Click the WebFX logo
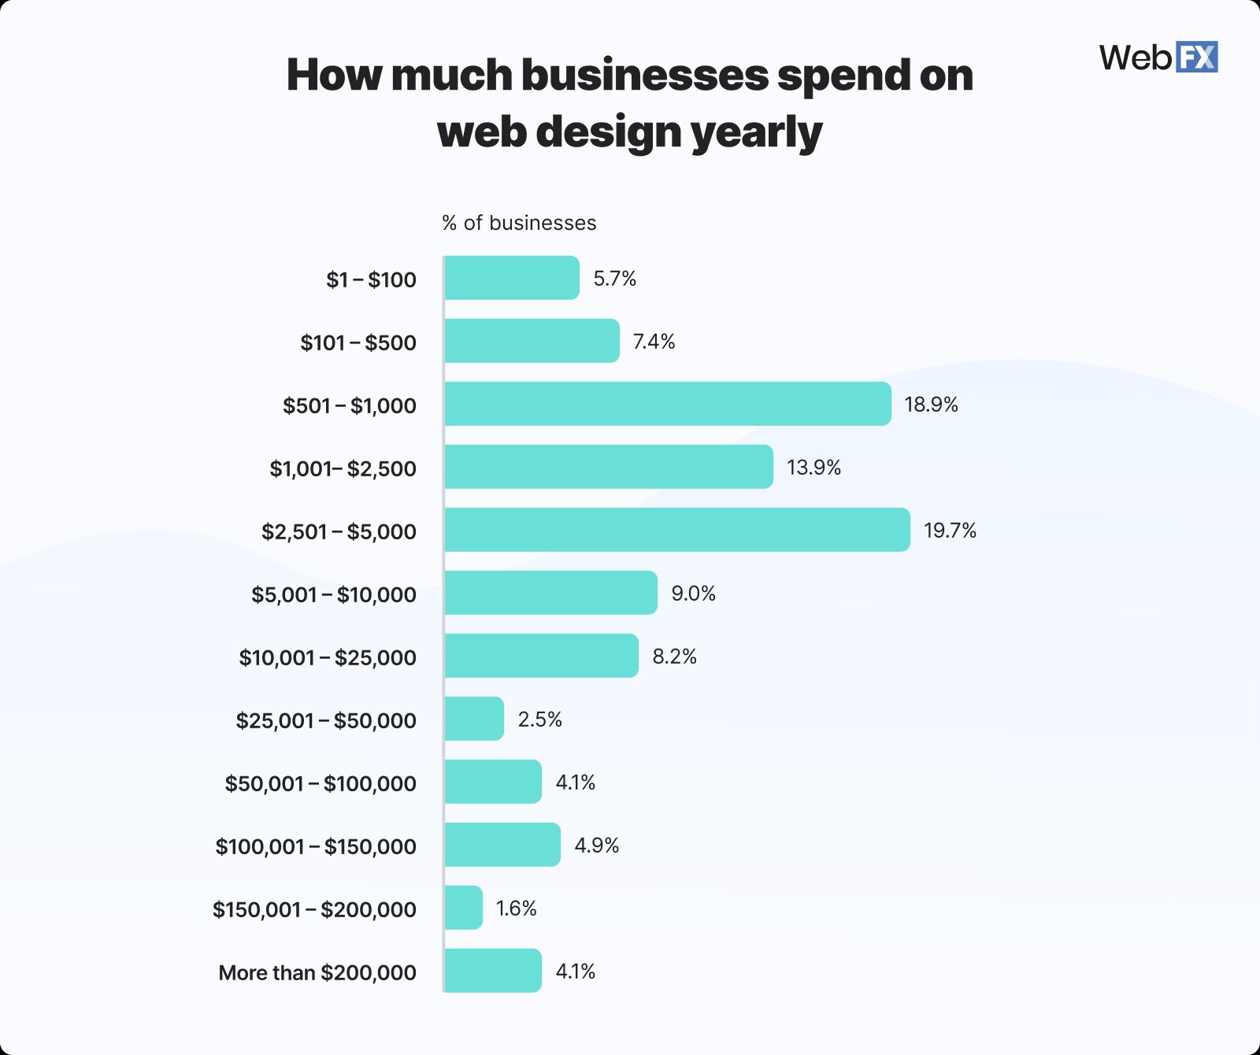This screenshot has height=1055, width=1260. (1158, 57)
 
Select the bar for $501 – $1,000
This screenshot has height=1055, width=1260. (667, 404)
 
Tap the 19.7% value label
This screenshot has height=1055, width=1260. (950, 531)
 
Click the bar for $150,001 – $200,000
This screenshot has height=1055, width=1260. (464, 908)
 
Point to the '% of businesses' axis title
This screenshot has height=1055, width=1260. (519, 224)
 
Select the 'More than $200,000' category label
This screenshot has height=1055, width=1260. (317, 973)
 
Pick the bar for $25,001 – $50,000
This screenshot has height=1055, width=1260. (474, 719)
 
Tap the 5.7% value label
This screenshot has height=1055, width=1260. (614, 279)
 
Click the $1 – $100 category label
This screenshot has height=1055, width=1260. (371, 280)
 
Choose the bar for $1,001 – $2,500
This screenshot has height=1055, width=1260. (608, 467)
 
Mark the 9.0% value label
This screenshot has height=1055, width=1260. (693, 594)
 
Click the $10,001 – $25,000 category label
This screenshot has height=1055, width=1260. (328, 658)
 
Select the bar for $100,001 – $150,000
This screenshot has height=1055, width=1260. (502, 845)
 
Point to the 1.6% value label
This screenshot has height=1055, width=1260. (516, 909)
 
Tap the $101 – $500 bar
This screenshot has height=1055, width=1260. (532, 341)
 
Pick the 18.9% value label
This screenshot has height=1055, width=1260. (931, 405)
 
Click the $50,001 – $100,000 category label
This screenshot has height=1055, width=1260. (321, 784)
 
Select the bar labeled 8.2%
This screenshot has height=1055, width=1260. (541, 656)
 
